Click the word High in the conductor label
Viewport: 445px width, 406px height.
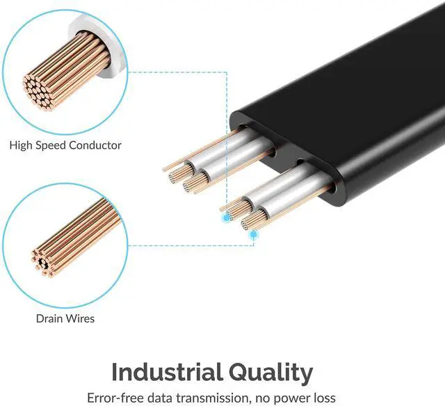point(20,145)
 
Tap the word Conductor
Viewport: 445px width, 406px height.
point(95,145)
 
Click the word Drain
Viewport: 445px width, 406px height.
point(49,318)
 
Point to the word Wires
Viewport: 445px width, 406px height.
point(80,318)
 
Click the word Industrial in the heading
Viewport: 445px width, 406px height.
point(167,372)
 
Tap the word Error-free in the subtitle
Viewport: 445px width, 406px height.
point(115,398)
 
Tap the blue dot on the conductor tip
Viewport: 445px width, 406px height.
point(227,218)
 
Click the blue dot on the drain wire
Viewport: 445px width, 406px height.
point(253,234)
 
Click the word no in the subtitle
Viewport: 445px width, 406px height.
point(264,399)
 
